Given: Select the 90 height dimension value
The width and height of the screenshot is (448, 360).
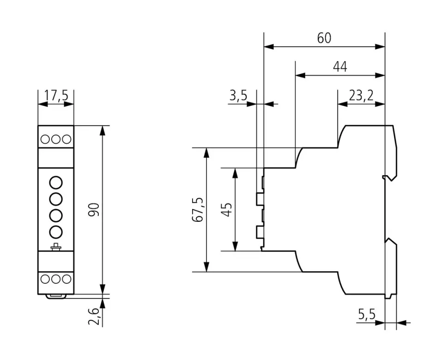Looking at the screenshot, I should (x=96, y=209).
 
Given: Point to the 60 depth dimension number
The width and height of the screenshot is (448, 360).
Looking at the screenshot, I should (x=324, y=38).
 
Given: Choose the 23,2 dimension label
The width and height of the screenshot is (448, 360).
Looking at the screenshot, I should (x=361, y=96).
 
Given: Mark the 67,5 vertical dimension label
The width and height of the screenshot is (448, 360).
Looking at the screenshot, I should (x=198, y=210).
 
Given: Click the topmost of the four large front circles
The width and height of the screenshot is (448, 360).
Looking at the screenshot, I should (x=56, y=182).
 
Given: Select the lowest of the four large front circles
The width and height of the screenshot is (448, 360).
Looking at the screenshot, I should (x=56, y=232).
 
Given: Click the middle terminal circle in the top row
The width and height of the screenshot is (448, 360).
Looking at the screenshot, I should (x=56, y=139).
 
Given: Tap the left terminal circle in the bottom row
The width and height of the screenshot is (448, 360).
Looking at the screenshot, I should (x=45, y=279).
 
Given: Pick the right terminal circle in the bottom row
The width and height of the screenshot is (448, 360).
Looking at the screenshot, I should (x=67, y=279).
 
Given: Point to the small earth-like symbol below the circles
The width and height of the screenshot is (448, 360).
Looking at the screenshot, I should (x=56, y=247).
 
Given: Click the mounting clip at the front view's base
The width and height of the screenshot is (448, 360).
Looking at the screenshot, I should (x=56, y=295).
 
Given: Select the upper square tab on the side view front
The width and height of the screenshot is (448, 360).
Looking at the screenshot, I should (x=260, y=199).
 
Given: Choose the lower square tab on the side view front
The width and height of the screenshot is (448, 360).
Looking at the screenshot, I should (x=260, y=232).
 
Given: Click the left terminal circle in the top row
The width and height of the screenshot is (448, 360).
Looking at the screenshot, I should (x=45, y=139).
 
